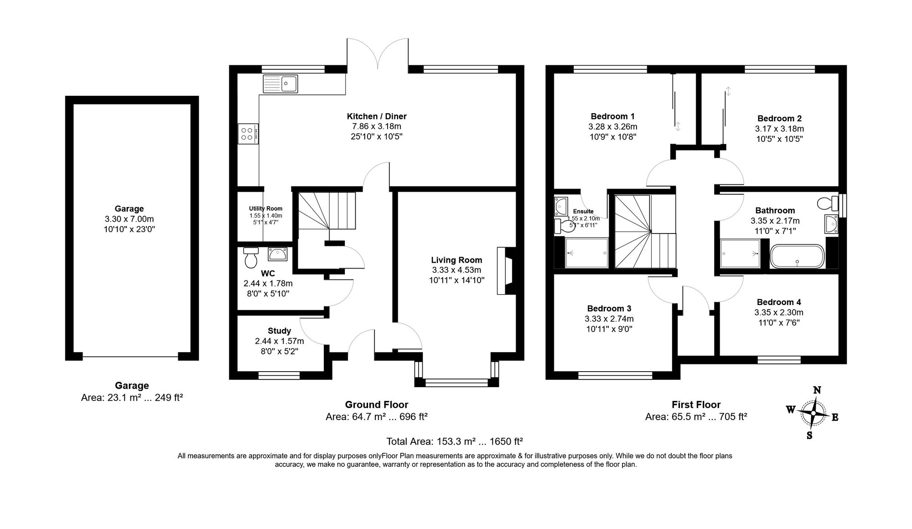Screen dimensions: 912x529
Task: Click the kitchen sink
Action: pos(280,84)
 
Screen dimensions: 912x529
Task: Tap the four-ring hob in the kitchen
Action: pos(248,134)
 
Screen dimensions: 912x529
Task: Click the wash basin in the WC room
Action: pos(277,254)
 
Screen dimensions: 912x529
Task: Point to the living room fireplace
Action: pos(506,271)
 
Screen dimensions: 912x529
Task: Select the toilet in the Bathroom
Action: pos(828,202)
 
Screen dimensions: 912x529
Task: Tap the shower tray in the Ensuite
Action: pos(587,253)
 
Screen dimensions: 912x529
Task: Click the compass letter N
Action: pos(817,390)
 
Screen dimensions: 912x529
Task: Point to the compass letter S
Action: pos(809,435)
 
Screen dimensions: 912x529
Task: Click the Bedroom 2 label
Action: pos(779,118)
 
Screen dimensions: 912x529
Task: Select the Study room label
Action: pos(279,331)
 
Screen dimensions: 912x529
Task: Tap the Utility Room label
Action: pos(265,208)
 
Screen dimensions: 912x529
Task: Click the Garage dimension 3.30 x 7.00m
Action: pos(130,219)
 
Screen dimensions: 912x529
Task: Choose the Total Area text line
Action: pos(454,441)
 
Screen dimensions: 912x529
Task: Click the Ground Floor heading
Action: pos(376,405)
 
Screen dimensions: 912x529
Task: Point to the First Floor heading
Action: pos(696,405)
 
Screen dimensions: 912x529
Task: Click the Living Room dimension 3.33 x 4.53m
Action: pos(456,270)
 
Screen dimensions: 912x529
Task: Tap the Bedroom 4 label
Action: pos(778,302)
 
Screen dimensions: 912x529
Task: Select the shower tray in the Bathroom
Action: pos(740,253)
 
